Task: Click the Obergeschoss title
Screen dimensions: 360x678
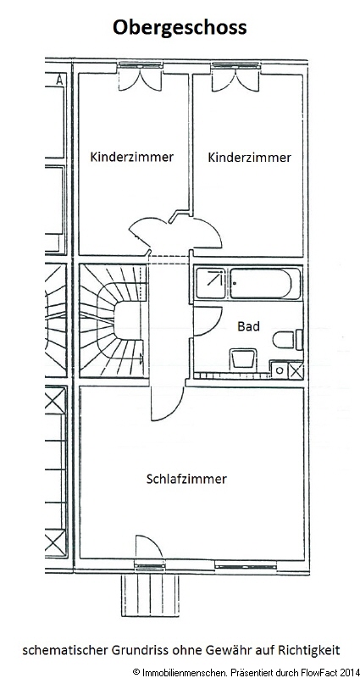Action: pyautogui.click(x=180, y=28)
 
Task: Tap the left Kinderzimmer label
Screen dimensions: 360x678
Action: pyautogui.click(x=132, y=157)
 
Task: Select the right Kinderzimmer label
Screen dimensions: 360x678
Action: pyautogui.click(x=250, y=157)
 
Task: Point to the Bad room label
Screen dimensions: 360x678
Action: pyautogui.click(x=248, y=326)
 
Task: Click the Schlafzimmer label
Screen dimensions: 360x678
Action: pyautogui.click(x=186, y=479)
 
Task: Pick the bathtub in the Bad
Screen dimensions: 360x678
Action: pyautogui.click(x=265, y=284)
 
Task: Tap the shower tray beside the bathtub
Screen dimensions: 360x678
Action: pyautogui.click(x=210, y=284)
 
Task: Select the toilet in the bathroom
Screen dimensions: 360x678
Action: pyautogui.click(x=288, y=339)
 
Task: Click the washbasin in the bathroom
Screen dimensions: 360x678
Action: pyautogui.click(x=242, y=358)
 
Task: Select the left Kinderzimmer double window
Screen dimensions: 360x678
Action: pyautogui.click(x=140, y=76)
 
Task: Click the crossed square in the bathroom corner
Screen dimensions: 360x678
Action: pyautogui.click(x=296, y=370)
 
